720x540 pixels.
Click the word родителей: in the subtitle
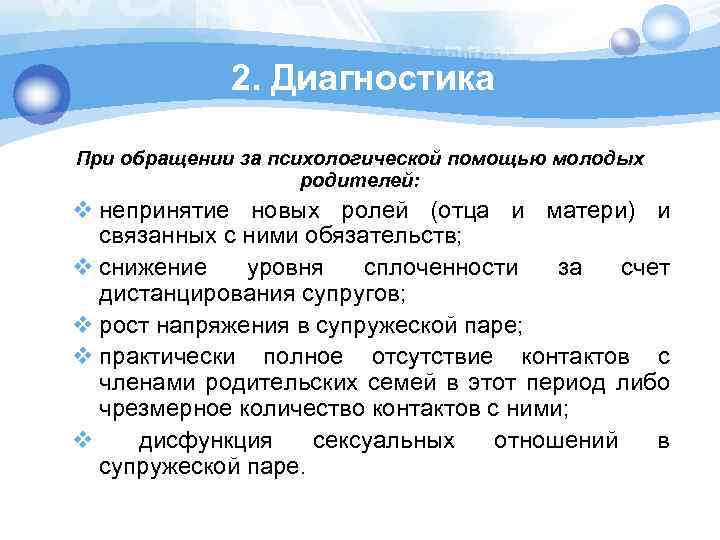pos(361,180)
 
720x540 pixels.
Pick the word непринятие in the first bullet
pos(163,211)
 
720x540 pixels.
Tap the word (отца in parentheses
pos(459,211)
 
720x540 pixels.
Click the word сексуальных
pos(384,441)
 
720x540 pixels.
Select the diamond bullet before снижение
pos(83,268)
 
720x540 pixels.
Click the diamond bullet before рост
pos(83,326)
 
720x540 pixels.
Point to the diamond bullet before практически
pos(83,357)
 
